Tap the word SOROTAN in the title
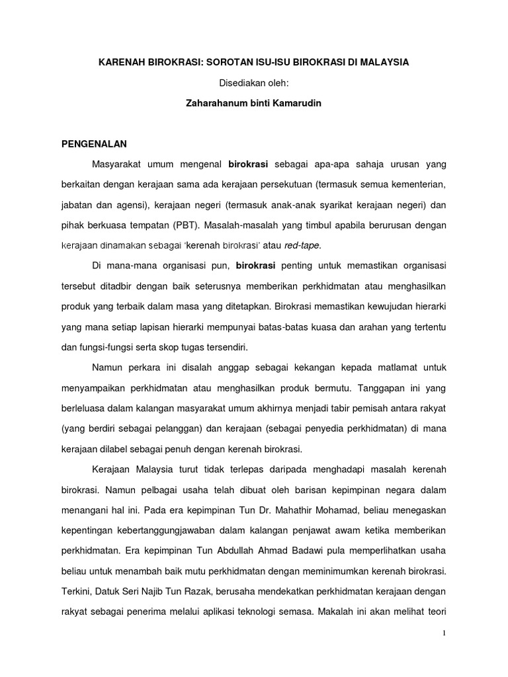point(232,61)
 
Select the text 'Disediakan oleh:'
point(253,83)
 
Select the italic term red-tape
point(302,245)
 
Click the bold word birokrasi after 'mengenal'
point(249,163)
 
